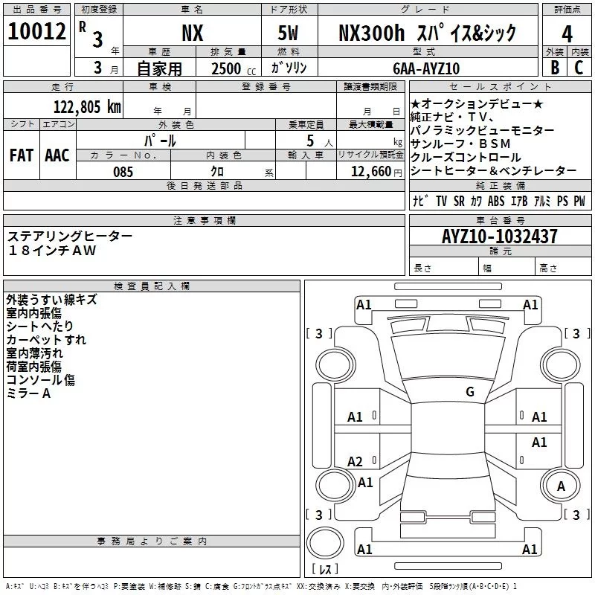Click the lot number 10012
pyautogui.click(x=36, y=31)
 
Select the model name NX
pyautogui.click(x=192, y=32)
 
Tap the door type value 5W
pyautogui.click(x=289, y=32)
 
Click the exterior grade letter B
pyautogui.click(x=554, y=68)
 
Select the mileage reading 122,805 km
pyautogui.click(x=87, y=106)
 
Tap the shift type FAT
pyautogui.click(x=21, y=155)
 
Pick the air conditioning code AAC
pyautogui.click(x=57, y=155)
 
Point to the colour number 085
pyautogui.click(x=123, y=172)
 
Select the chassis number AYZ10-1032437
pyautogui.click(x=499, y=237)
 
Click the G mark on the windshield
pyautogui.click(x=469, y=392)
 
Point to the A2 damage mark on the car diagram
pyautogui.click(x=356, y=461)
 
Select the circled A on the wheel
pyautogui.click(x=562, y=486)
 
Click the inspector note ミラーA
pyautogui.click(x=28, y=393)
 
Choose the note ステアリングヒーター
pyautogui.click(x=70, y=236)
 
